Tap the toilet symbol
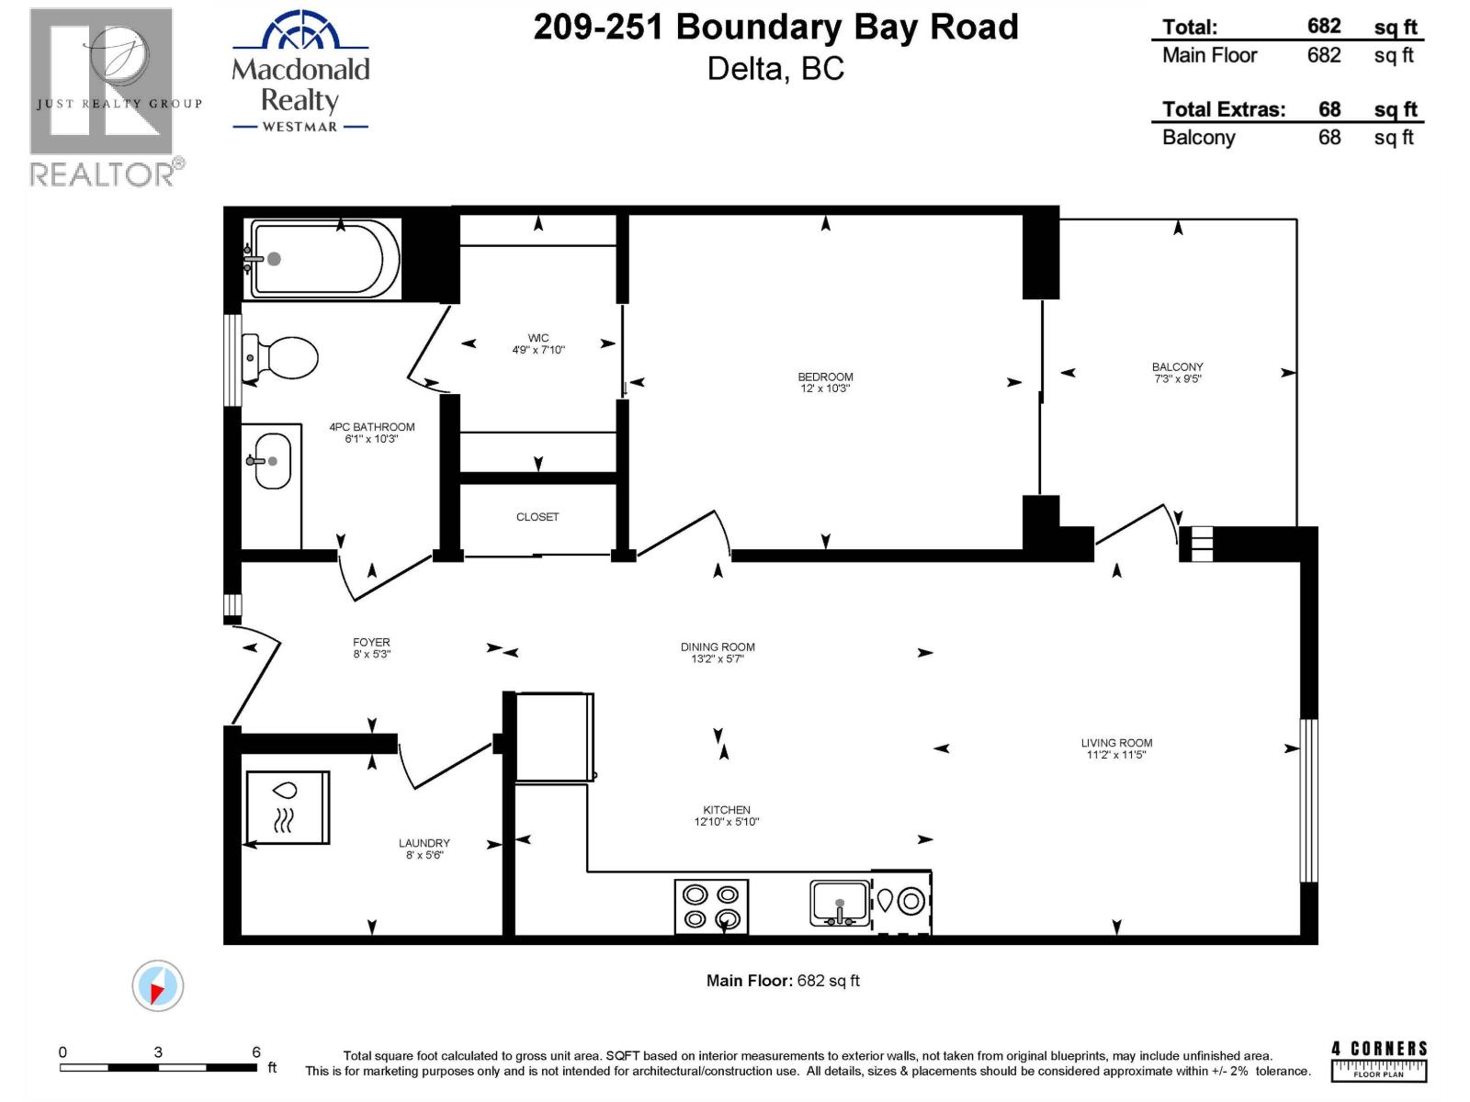pyautogui.click(x=281, y=358)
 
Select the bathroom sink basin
pyautogui.click(x=272, y=460)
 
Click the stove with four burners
pyautogui.click(x=711, y=906)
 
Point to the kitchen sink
pyautogui.click(x=840, y=903)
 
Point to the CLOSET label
pyautogui.click(x=537, y=517)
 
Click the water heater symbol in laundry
pyautogui.click(x=287, y=807)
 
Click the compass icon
pyautogui.click(x=157, y=986)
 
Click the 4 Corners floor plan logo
pyautogui.click(x=1379, y=1060)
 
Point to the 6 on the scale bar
pyautogui.click(x=256, y=1052)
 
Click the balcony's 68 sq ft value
pyautogui.click(x=1329, y=138)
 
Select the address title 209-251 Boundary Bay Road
pyautogui.click(x=775, y=28)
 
